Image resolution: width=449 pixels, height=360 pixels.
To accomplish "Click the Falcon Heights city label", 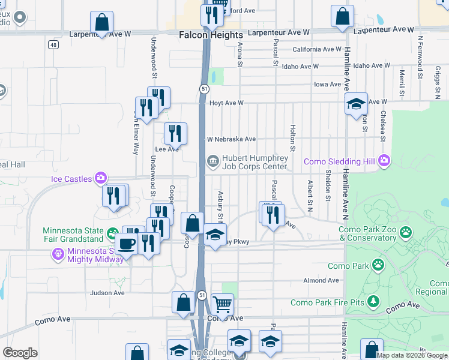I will pos(211,35).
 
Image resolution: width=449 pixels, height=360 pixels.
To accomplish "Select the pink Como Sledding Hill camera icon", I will pos(384,161).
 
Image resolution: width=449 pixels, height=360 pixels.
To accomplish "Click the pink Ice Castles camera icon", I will pos(100,178).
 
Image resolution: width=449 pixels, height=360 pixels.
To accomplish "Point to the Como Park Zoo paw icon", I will pos(406,231).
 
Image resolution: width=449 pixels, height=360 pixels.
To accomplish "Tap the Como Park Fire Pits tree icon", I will pos(373,300).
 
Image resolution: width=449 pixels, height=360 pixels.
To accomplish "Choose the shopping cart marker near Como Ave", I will pos(222,305).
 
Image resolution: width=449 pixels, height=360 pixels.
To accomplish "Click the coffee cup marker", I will pos(127,244).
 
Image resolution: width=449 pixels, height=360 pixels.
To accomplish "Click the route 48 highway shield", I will pos(54,45).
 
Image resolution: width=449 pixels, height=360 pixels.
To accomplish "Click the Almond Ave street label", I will pos(321,280).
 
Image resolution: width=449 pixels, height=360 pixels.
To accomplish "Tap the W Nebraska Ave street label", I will pos(232,139).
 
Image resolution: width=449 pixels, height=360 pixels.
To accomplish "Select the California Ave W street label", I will pos(317,50).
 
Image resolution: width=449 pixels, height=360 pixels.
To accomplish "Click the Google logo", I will pos(20,353).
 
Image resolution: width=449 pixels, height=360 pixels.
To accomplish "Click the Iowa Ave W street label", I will pos(328,85).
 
